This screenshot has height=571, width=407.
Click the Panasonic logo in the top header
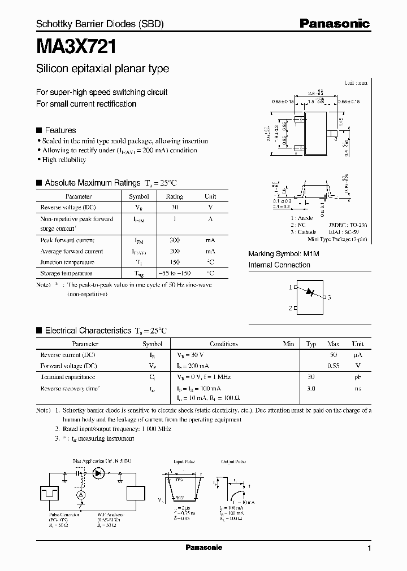[334, 23]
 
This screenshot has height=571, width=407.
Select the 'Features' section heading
[60, 130]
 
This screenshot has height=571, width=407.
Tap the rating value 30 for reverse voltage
[174, 207]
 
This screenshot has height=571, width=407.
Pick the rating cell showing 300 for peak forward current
[174, 240]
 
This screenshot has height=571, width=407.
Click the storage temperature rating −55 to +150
[174, 273]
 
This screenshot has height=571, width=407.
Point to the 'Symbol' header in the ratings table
[139, 196]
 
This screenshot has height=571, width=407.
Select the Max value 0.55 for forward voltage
[333, 365]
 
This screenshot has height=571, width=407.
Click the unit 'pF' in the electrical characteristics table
[357, 376]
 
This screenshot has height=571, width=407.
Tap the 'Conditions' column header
[223, 344]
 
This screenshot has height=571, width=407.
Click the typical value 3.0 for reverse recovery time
[310, 388]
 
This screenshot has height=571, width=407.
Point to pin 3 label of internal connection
[329, 297]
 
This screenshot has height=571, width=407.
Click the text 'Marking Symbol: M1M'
[284, 254]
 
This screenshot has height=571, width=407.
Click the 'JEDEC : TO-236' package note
[348, 225]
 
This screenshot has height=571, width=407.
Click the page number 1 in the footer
[369, 548]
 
